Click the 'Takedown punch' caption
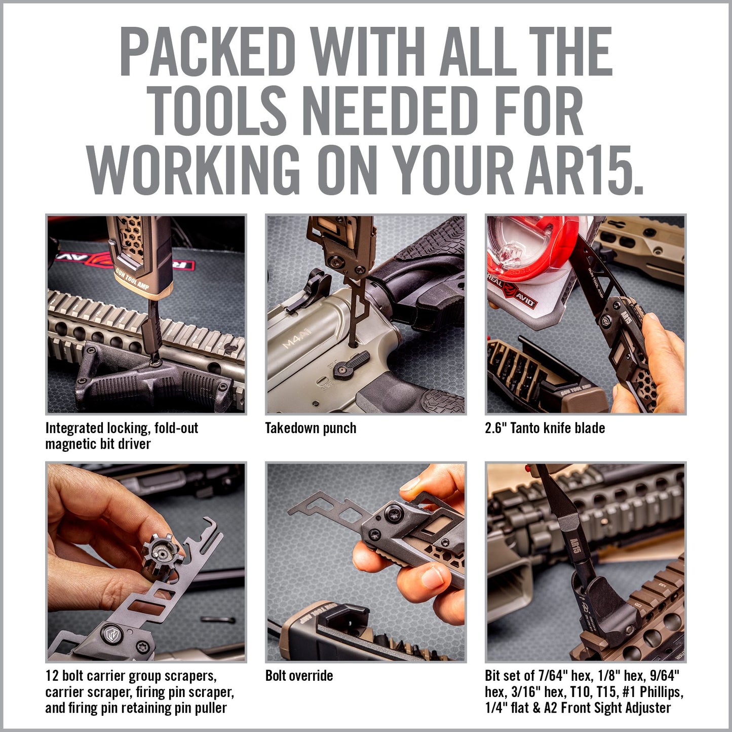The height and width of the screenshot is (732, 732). tap(311, 428)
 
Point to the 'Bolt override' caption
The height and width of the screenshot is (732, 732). tap(299, 676)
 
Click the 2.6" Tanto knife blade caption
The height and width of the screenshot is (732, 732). tap(545, 428)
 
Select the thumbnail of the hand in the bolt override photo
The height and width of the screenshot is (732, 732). tap(432, 578)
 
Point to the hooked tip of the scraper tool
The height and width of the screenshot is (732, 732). tap(208, 521)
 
